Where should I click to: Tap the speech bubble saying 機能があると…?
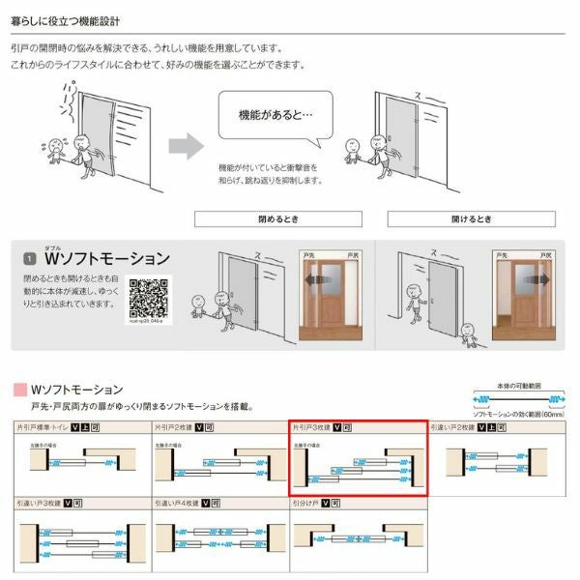click(x=275, y=114)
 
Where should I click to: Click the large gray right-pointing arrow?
click(x=187, y=146)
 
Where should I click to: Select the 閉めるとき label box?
click(x=277, y=218)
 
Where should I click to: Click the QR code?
click(x=149, y=299)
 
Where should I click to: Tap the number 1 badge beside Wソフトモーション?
click(x=30, y=260)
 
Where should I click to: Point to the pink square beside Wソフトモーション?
click(x=19, y=390)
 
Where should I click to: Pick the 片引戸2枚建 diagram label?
click(x=173, y=425)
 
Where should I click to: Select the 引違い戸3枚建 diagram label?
click(x=38, y=504)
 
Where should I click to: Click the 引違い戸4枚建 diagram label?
click(x=175, y=504)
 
